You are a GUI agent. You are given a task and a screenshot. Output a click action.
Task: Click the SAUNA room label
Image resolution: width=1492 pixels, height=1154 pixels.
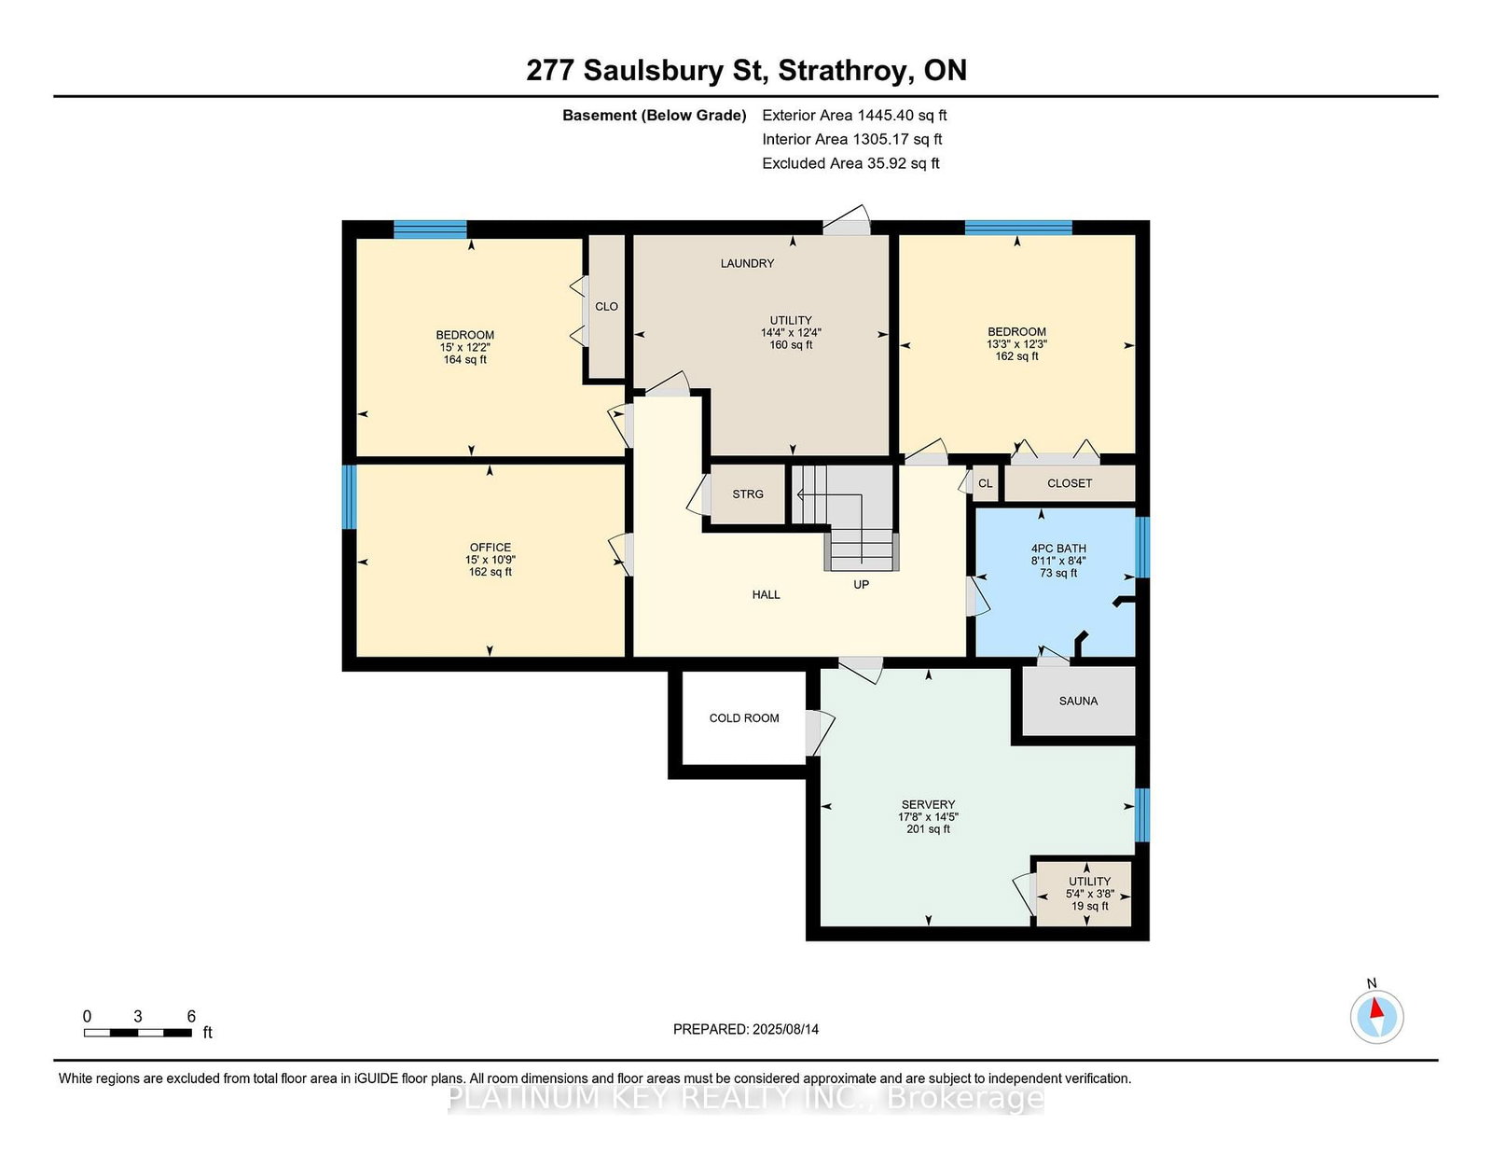coord(1078,701)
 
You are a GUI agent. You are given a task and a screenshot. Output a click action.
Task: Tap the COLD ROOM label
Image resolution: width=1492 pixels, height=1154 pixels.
coord(744,717)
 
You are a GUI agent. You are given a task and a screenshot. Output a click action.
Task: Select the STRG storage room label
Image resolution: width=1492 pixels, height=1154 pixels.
coord(748,494)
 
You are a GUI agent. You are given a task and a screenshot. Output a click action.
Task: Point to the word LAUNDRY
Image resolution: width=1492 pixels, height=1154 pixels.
coord(747,263)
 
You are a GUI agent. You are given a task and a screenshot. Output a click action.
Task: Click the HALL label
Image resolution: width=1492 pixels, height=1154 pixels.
coord(767,595)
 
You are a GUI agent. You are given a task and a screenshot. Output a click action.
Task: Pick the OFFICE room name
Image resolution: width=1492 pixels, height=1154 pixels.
coord(490,548)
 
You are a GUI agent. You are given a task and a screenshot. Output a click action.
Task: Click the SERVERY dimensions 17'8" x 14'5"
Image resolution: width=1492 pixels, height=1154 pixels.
coord(928,816)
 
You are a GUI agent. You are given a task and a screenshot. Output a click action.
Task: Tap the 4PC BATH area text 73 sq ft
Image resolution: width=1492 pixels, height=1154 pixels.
coord(1058,573)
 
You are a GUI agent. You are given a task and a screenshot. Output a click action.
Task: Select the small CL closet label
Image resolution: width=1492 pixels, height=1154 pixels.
coord(986,483)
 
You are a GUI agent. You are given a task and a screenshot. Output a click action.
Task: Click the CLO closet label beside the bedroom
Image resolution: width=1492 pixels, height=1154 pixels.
coord(606,306)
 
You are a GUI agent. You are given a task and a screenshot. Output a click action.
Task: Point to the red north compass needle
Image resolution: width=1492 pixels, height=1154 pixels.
coord(1376,1008)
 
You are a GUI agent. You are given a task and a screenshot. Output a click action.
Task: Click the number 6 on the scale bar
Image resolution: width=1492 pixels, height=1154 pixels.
coord(191,1017)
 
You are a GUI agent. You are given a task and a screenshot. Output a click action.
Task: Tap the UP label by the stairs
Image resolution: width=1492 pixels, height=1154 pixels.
coord(861,585)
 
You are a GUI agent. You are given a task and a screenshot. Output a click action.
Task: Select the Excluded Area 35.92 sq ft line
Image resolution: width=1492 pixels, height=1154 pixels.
coord(850,163)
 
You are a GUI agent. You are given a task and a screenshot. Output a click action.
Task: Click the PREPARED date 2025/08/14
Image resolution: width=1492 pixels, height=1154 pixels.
coord(785,1029)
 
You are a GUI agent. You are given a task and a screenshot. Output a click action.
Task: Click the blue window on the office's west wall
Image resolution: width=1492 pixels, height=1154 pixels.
coord(350,497)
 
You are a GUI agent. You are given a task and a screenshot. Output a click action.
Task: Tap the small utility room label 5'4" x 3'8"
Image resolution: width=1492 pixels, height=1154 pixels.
coord(1090,895)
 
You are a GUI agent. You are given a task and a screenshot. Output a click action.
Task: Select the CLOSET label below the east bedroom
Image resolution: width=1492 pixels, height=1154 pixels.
coord(1069,483)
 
